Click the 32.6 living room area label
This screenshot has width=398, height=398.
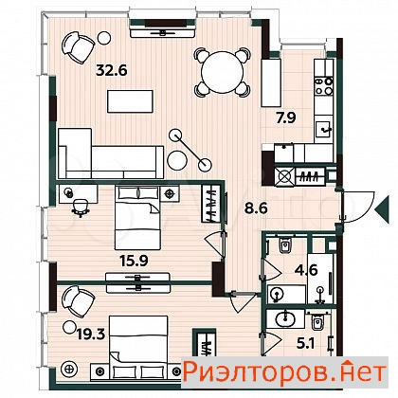click(x=112, y=70)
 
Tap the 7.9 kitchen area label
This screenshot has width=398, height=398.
click(x=285, y=118)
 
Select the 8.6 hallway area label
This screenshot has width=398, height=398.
click(x=257, y=208)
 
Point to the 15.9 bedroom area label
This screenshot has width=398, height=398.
click(x=134, y=261)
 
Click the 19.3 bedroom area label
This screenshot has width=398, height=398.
click(x=91, y=335)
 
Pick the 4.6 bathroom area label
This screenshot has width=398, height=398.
click(x=306, y=270)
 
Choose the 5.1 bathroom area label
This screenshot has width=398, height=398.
click(x=305, y=344)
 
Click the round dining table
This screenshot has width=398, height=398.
click(x=223, y=72)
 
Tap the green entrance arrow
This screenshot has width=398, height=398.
click(x=382, y=209)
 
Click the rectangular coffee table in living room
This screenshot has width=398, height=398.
click(x=130, y=101)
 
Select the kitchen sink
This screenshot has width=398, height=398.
click(x=323, y=129)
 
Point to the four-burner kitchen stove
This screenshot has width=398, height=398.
click(x=324, y=86)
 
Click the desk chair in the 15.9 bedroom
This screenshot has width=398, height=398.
click(x=81, y=208)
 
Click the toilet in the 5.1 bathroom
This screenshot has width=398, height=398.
click(x=316, y=322)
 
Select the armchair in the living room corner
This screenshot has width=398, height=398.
click(x=78, y=47)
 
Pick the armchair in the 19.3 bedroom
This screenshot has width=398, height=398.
click(x=78, y=302)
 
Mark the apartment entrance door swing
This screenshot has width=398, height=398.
click(x=358, y=206)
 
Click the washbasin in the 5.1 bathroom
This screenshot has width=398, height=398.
click(x=285, y=318)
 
